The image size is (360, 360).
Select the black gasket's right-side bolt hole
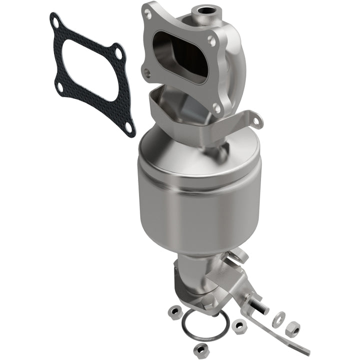point(118,50)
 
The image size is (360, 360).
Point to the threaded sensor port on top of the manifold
point(204,8)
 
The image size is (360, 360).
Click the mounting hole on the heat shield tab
point(256,121)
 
